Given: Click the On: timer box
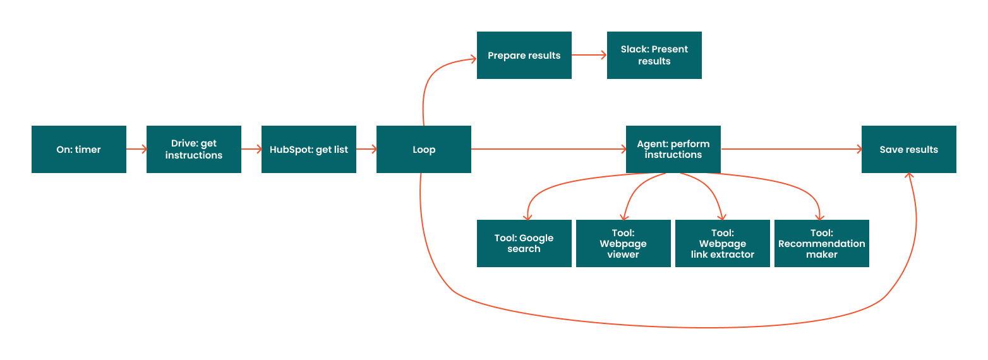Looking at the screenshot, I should (x=79, y=150).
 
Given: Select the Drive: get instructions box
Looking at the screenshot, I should (x=194, y=150).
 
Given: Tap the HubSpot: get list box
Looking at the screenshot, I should (x=309, y=150).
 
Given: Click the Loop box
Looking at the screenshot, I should (x=424, y=150).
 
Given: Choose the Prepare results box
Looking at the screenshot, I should (x=524, y=56).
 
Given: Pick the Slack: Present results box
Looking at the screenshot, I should (x=654, y=56).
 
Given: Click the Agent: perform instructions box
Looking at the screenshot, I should (x=673, y=150).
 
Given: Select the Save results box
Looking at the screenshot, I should (x=909, y=150).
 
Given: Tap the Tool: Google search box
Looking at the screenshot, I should (x=524, y=244).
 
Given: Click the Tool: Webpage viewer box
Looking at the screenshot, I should (x=624, y=244).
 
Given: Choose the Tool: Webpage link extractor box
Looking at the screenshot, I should (x=723, y=244).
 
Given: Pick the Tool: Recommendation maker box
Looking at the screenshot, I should (x=822, y=244).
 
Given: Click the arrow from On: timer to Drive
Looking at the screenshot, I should (x=136, y=150).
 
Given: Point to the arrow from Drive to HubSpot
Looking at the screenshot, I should (x=251, y=150).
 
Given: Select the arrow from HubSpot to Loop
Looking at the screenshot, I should (x=366, y=150).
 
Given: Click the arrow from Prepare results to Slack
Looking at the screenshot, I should (x=589, y=56).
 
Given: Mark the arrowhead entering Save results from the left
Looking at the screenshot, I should (x=858, y=150).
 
